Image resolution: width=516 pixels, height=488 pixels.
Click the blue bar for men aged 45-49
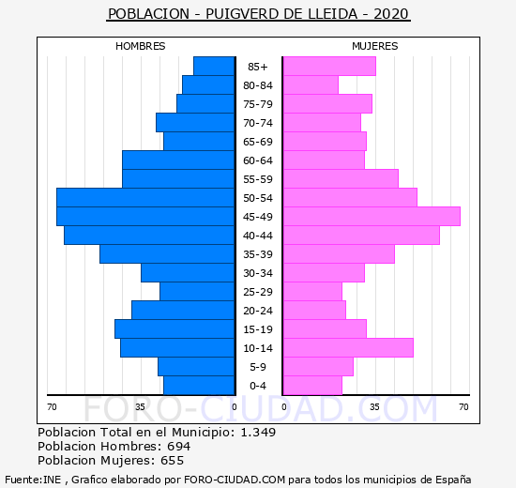(145, 217)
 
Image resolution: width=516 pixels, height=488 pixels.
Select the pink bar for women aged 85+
(329, 67)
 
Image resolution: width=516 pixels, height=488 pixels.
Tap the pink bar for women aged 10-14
(348, 348)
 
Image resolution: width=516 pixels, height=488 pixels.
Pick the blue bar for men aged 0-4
(199, 386)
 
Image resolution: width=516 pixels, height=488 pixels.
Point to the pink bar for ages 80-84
(311, 85)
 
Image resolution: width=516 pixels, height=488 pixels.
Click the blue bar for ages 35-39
(167, 254)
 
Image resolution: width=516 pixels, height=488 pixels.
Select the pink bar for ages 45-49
(372, 217)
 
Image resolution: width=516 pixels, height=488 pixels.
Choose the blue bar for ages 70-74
(195, 123)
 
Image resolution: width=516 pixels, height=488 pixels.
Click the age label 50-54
(258, 198)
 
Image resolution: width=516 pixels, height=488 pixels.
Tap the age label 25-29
(258, 292)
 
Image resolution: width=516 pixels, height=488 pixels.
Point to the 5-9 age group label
(258, 367)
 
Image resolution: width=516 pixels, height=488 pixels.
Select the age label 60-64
(258, 160)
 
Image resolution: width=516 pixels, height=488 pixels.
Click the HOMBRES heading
(141, 46)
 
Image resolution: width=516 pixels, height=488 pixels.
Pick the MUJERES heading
(375, 46)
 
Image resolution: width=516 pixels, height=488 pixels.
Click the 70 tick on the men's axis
(52, 407)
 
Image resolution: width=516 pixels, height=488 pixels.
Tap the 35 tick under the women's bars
(374, 407)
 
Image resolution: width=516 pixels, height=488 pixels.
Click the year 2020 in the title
(391, 14)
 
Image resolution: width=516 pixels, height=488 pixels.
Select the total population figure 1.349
(258, 432)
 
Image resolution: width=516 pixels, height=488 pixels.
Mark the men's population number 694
(178, 446)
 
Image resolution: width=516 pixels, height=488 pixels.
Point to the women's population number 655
(172, 461)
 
